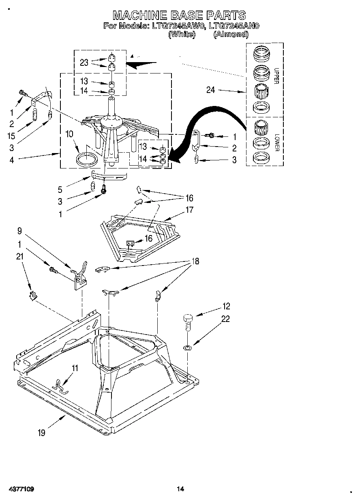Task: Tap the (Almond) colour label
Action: tap(231, 34)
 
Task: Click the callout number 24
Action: tap(211, 90)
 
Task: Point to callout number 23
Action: tap(84, 62)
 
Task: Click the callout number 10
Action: tap(69, 134)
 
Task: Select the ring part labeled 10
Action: tap(87, 158)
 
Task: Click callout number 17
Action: tap(189, 210)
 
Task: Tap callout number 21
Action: tap(19, 256)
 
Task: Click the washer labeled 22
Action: tap(187, 348)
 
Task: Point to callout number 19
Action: tap(41, 433)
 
